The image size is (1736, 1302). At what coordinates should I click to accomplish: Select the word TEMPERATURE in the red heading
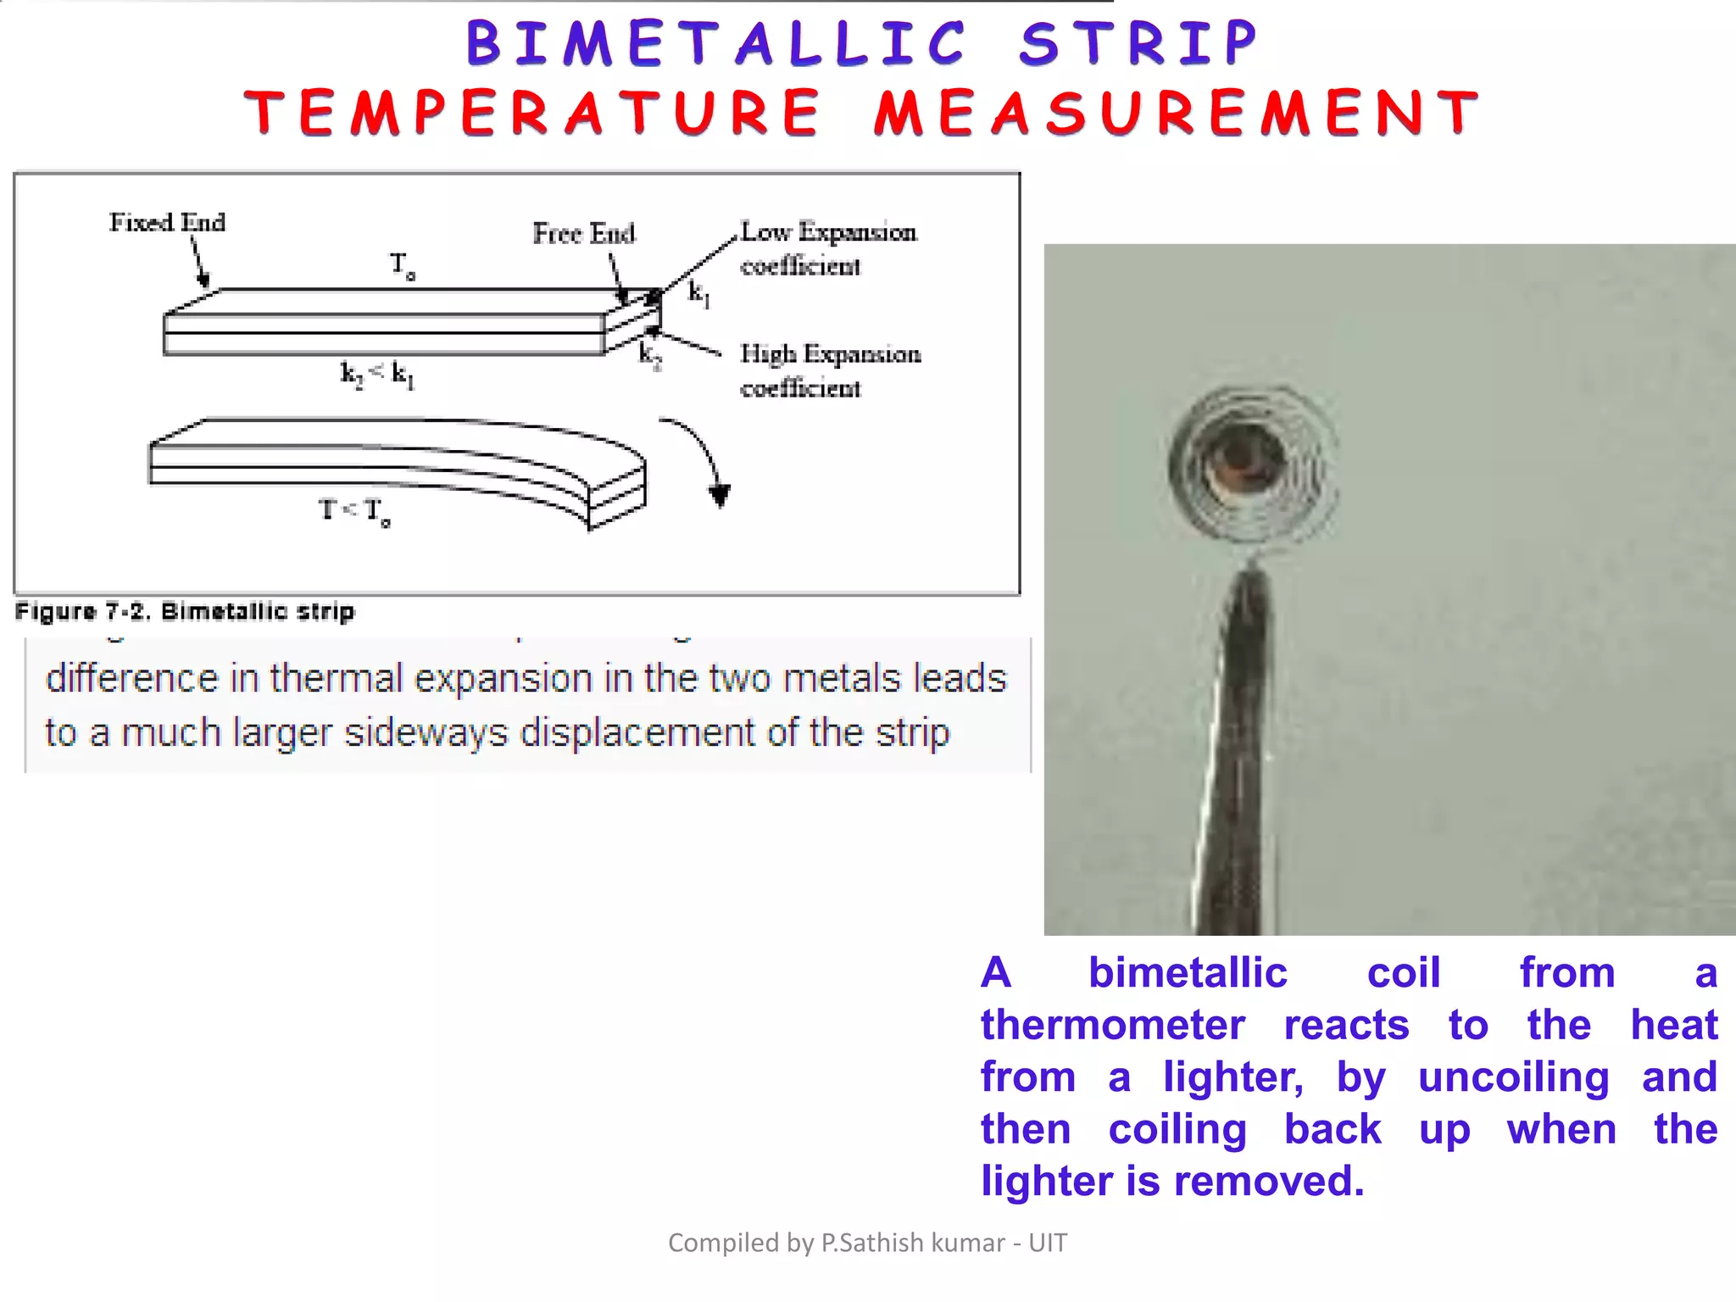532,113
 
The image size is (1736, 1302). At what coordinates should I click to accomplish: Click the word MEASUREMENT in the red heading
1177,113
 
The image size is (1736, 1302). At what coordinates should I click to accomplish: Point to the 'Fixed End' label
167,222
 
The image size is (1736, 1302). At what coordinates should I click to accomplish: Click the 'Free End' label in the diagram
583,233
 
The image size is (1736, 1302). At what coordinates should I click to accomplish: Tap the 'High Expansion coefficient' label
829,370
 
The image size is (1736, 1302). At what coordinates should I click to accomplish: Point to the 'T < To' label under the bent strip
354,511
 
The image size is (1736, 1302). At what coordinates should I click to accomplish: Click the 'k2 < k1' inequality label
377,374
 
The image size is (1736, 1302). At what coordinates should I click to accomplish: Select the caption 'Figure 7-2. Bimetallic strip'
185,611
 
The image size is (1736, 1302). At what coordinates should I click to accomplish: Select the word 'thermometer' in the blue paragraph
1112,1025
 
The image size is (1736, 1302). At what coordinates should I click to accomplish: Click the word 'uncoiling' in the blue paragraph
1513,1077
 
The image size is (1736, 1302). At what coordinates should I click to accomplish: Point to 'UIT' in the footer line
1048,1243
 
